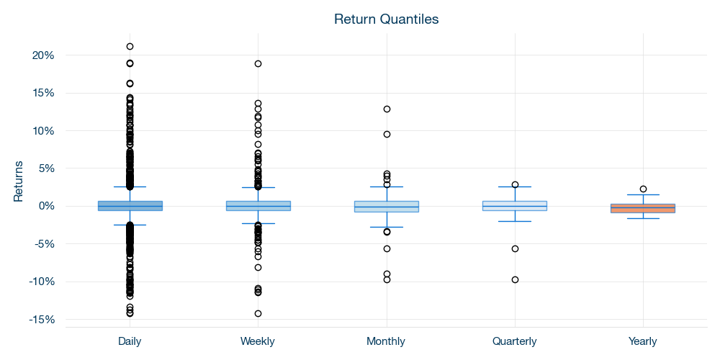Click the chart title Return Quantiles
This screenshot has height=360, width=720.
pyautogui.click(x=386, y=19)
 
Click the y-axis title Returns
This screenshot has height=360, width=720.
pyautogui.click(x=19, y=181)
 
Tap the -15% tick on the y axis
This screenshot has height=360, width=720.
pyautogui.click(x=42, y=319)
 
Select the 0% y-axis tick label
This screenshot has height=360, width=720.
pyautogui.click(x=46, y=206)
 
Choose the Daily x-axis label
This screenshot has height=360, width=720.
pyautogui.click(x=130, y=341)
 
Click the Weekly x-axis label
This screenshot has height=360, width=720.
pyautogui.click(x=258, y=341)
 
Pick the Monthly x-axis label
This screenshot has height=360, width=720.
pyautogui.click(x=386, y=341)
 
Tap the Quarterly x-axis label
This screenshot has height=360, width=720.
pyautogui.click(x=515, y=341)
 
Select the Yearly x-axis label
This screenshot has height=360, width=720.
pyautogui.click(x=643, y=341)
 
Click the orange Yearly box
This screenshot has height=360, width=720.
pyautogui.click(x=643, y=208)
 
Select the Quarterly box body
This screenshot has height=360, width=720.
pyautogui.click(x=515, y=206)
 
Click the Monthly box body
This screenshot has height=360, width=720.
pyautogui.click(x=387, y=207)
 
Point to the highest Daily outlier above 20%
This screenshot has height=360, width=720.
pyautogui.click(x=130, y=46)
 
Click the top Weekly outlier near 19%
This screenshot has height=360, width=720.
pyautogui.click(x=258, y=63)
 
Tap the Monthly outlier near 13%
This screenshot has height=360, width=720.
pyautogui.click(x=387, y=109)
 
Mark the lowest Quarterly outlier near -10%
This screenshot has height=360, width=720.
pyautogui.click(x=515, y=279)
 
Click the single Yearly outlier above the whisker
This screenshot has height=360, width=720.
pyautogui.click(x=643, y=189)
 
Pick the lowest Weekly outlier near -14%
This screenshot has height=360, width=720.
pyautogui.click(x=258, y=313)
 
